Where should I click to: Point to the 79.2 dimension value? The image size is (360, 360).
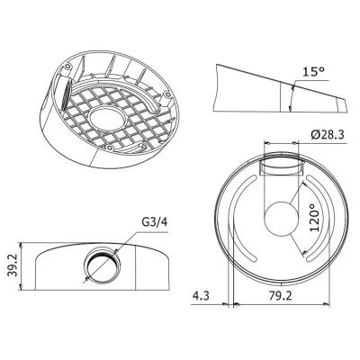pyautogui.click(x=278, y=293)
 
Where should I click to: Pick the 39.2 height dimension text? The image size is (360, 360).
pyautogui.click(x=12, y=265)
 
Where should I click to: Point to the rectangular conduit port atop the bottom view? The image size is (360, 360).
pyautogui.click(x=282, y=167)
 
